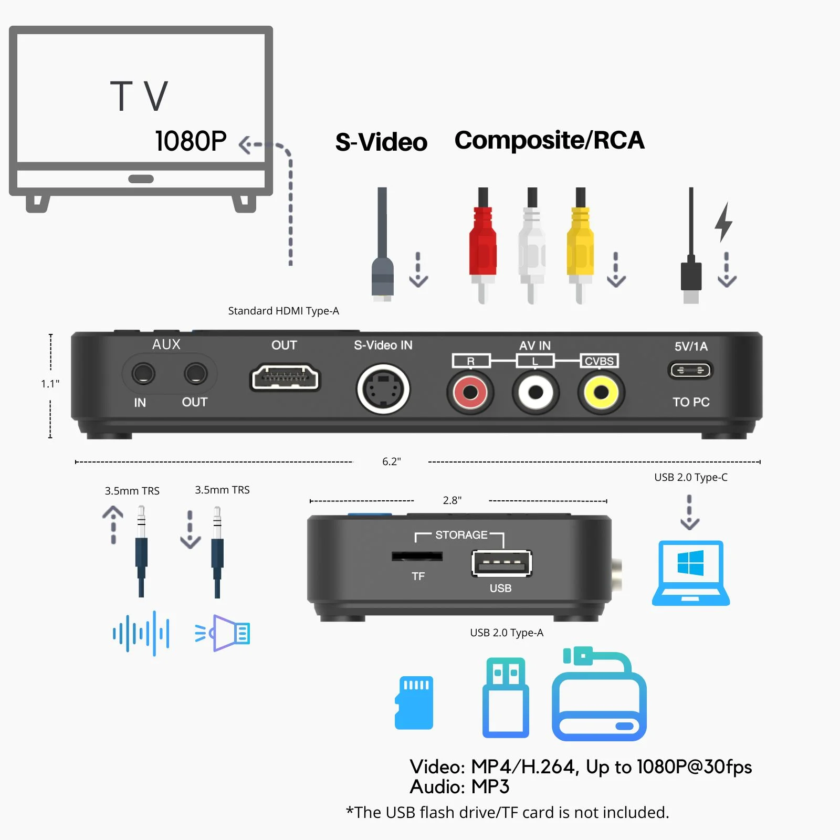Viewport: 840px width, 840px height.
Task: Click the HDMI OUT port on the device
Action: [x=285, y=377]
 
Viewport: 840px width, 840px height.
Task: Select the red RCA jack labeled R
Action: [x=470, y=392]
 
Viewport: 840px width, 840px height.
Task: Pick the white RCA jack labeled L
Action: [x=535, y=392]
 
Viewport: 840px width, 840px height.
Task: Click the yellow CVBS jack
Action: [x=601, y=392]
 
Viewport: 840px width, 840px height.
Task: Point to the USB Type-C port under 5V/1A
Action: [x=690, y=370]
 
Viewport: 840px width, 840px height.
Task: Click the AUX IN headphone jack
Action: [x=143, y=374]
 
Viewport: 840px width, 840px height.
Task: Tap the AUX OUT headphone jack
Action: [x=195, y=374]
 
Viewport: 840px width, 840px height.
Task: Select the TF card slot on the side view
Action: [x=417, y=556]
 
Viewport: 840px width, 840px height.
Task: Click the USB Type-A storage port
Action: [x=502, y=563]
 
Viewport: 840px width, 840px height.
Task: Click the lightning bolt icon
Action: [x=723, y=222]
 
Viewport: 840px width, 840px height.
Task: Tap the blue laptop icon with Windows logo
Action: [x=691, y=573]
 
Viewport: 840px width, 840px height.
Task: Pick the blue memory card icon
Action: [x=414, y=702]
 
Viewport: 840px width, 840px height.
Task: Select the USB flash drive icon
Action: [x=506, y=698]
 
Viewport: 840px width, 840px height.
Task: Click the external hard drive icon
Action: [x=599, y=694]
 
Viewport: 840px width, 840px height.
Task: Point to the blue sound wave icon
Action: [x=141, y=633]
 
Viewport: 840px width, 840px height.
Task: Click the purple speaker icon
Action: [x=223, y=633]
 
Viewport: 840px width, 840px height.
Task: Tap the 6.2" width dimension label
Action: [x=392, y=461]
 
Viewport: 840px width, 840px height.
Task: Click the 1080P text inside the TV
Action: [x=191, y=141]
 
